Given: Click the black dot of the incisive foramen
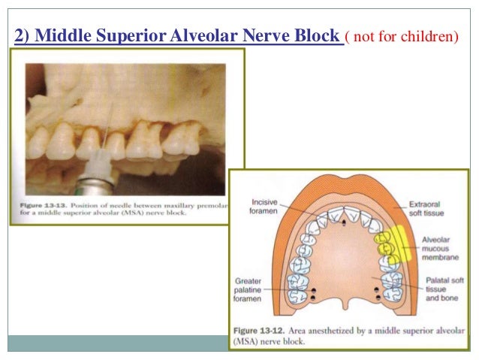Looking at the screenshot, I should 344,223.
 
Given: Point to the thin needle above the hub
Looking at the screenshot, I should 109,128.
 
